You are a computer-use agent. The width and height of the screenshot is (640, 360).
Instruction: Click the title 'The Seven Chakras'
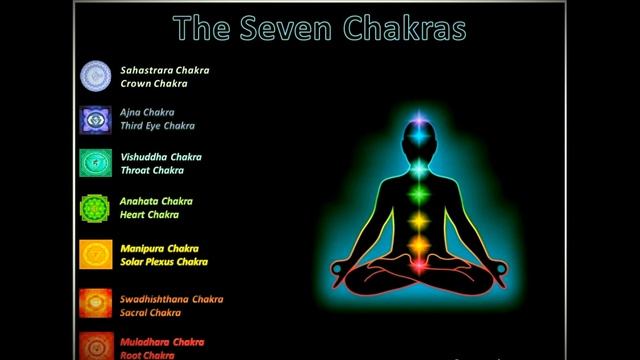click(x=319, y=28)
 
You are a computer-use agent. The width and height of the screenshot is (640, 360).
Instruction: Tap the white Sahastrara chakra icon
click(x=96, y=77)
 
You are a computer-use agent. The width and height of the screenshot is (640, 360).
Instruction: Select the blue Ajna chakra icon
click(x=96, y=120)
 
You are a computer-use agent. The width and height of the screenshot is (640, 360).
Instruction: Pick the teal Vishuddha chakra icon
click(x=96, y=163)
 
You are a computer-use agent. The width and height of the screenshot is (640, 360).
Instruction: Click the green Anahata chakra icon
click(x=96, y=208)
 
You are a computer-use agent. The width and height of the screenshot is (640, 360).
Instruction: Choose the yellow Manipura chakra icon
click(x=96, y=255)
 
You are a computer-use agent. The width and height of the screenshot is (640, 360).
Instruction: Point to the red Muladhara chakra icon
click(x=96, y=346)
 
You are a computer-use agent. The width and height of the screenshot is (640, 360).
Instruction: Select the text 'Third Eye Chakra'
click(x=157, y=127)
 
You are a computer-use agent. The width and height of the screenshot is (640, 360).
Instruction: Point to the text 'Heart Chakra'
click(x=149, y=215)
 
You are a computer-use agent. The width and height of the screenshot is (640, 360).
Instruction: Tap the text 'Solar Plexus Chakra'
click(x=164, y=262)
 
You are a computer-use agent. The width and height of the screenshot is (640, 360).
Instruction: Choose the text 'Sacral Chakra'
click(x=150, y=313)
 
